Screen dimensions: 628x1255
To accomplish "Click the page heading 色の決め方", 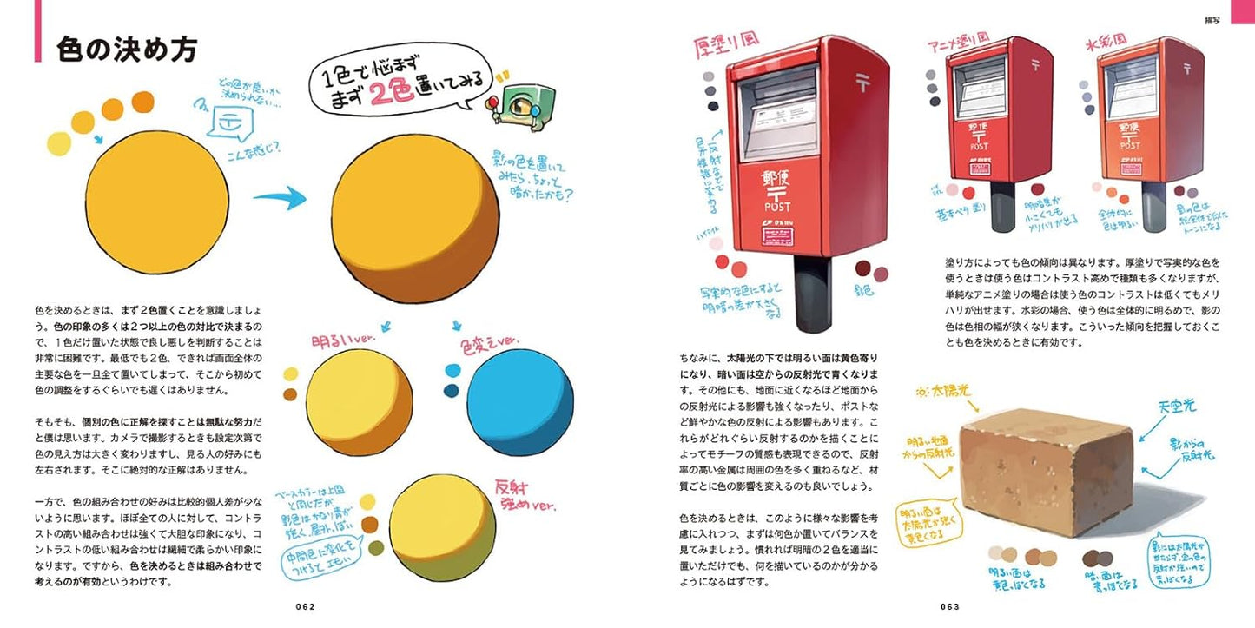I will (128, 49).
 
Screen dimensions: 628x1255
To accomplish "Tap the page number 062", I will (302, 606).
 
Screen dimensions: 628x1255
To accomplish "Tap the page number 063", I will (948, 606).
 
